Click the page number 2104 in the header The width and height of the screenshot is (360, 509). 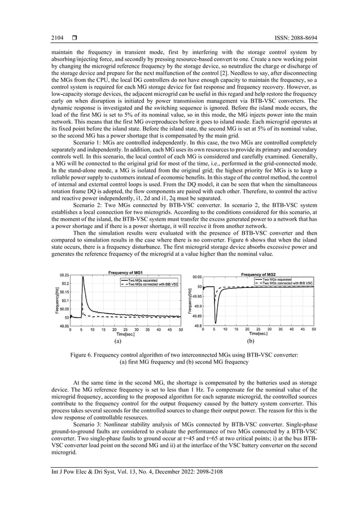[56, 37]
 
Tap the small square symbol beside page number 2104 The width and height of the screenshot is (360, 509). [74, 37]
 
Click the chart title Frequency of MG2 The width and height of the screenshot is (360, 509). [258, 274]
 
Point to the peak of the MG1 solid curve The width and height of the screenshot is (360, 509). [83, 277]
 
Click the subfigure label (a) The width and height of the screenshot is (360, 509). [117, 341]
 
